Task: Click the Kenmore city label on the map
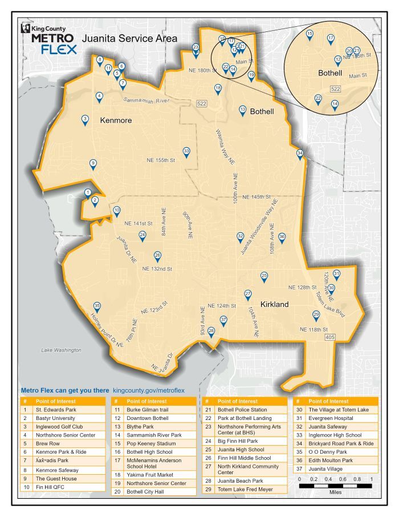(116, 120)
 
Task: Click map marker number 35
(97, 307)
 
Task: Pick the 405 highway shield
(329, 338)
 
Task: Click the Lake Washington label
(61, 350)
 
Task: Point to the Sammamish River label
(147, 100)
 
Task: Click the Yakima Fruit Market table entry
(149, 474)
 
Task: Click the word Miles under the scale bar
(336, 492)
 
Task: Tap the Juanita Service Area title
(130, 39)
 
